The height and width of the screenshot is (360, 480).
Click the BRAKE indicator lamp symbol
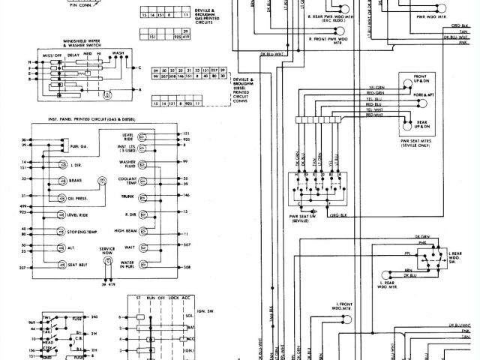[56, 181]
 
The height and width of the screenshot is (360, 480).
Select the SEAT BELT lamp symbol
[56, 265]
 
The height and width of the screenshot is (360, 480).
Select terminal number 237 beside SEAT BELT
[23, 267]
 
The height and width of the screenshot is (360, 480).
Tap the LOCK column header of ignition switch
[174, 298]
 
